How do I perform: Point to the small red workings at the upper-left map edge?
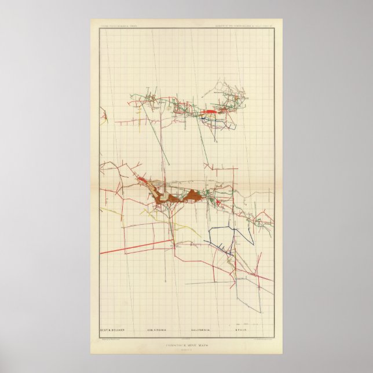coord(105,119)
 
